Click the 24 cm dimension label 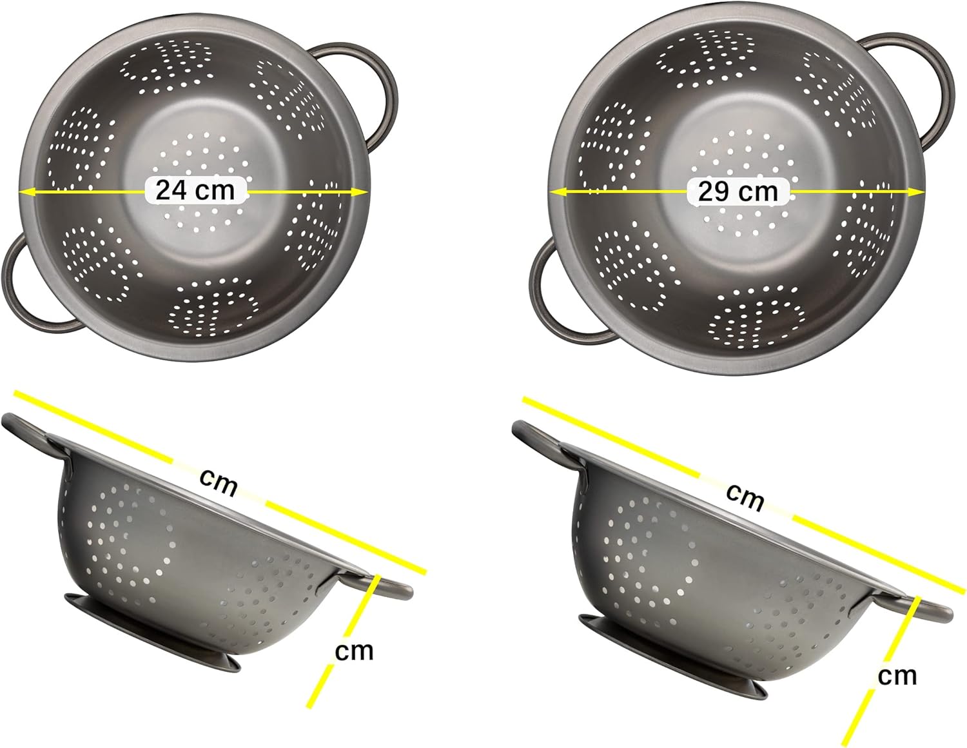click(195, 190)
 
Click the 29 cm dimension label click(738, 192)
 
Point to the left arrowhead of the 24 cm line click(25, 192)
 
